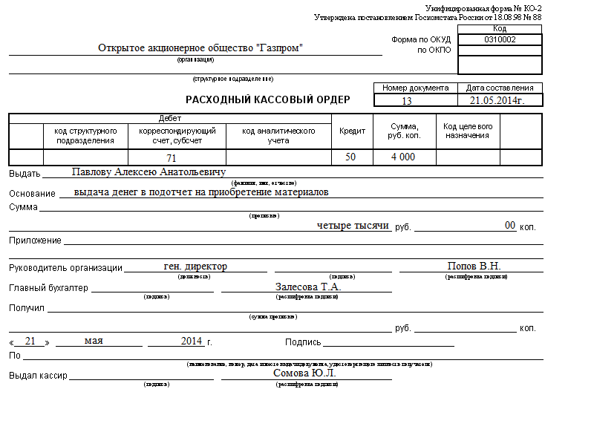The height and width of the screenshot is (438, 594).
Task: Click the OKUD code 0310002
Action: (500, 39)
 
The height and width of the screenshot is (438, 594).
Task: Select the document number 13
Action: (406, 101)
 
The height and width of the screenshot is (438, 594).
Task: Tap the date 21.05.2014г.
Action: (497, 100)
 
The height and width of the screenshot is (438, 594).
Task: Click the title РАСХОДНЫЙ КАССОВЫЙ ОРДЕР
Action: (267, 99)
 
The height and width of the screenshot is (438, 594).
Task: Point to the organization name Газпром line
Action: (201, 48)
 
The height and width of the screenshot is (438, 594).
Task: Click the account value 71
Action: (172, 157)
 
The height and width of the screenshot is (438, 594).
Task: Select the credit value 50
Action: (350, 157)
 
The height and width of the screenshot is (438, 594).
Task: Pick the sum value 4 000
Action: (403, 157)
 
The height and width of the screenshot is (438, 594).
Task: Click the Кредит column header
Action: (352, 131)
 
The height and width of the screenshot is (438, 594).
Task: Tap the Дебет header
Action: (170, 118)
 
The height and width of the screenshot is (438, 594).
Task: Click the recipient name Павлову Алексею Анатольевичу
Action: (148, 172)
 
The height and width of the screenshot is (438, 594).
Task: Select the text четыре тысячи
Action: (353, 226)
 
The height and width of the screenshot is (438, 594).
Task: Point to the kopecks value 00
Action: (510, 225)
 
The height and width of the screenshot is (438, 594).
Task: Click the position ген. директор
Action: (195, 267)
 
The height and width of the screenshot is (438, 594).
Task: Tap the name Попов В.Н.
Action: (474, 267)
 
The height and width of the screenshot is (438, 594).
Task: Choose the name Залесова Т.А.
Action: (308, 287)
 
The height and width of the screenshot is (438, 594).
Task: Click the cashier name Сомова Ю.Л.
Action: (304, 373)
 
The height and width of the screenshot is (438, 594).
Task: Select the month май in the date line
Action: (94, 341)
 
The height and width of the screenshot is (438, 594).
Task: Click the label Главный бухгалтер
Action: (48, 288)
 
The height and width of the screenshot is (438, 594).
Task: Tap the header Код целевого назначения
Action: (468, 131)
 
